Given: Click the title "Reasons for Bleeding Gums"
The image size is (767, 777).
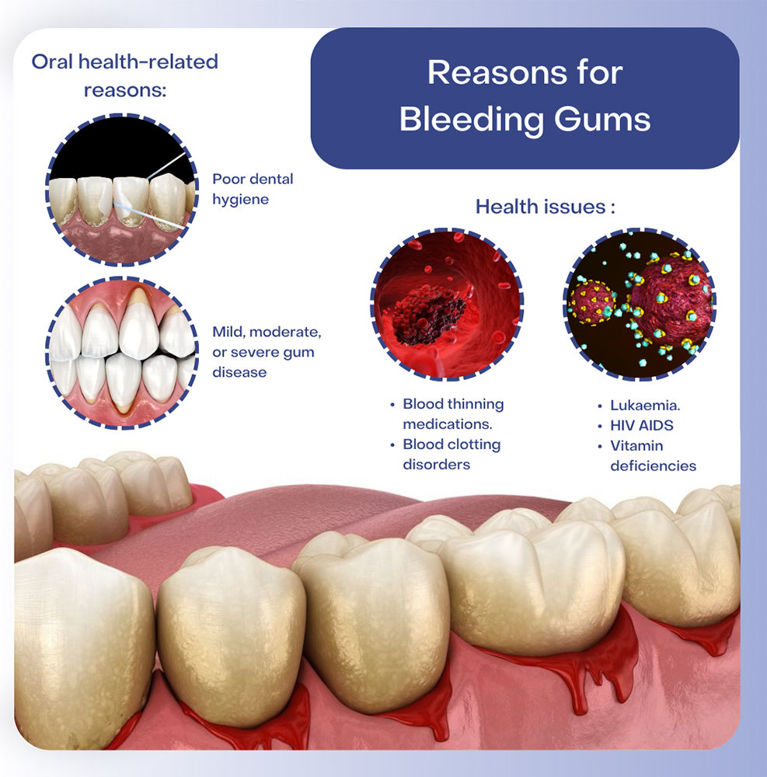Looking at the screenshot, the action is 525,96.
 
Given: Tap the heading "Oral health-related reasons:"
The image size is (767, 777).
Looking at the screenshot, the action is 125,76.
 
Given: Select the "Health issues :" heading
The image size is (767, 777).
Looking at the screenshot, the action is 545,207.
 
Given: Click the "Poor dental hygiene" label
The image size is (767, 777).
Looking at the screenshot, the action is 253,189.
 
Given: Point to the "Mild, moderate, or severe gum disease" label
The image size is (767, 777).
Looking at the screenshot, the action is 267,352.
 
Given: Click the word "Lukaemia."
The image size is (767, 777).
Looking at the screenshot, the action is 645,406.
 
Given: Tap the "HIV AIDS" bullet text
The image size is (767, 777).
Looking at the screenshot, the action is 642,425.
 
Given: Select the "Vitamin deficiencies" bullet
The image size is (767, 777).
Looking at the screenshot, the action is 653,455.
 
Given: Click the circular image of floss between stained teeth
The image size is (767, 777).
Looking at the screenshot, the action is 122,190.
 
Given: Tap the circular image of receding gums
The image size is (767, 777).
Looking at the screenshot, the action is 122,353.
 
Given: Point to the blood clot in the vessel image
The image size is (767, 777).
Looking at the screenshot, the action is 429,315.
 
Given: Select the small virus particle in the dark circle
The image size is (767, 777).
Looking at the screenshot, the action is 592,303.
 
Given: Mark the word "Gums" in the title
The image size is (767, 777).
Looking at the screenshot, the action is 602,120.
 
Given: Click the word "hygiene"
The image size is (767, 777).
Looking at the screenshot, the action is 241,200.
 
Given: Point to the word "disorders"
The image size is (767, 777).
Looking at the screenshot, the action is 437,465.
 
